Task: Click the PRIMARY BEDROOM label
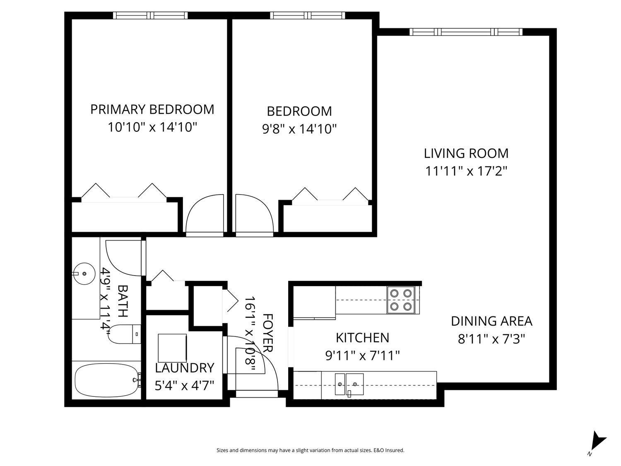pos(152,109)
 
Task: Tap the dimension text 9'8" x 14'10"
pos(299,129)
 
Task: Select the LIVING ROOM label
pos(466,153)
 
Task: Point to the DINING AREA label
pos(491,321)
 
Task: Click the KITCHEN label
pos(362,338)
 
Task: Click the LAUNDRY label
pos(184,368)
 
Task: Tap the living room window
pos(466,32)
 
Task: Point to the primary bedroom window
pos(150,15)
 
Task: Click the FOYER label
pos(268,333)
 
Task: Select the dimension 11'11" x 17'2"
pos(466,171)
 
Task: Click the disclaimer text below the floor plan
pos(310,450)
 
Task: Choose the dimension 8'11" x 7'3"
pos(491,339)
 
